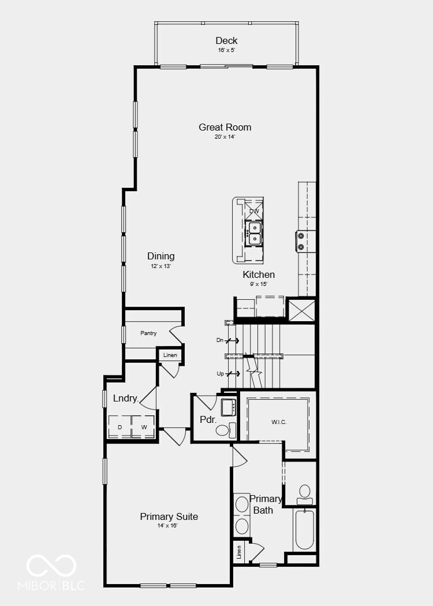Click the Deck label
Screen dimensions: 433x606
pyautogui.click(x=226, y=40)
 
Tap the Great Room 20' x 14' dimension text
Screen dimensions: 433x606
pyautogui.click(x=225, y=137)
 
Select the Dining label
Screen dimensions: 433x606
pyautogui.click(x=160, y=256)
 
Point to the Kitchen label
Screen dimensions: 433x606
pyautogui.click(x=259, y=275)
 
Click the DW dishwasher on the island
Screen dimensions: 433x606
pyautogui.click(x=254, y=211)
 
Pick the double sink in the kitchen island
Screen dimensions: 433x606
pyautogui.click(x=254, y=233)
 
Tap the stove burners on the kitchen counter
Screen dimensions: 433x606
pyautogui.click(x=301, y=241)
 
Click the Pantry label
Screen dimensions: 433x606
pyautogui.click(x=148, y=333)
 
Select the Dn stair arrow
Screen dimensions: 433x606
pyautogui.click(x=232, y=340)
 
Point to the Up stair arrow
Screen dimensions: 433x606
pyautogui.click(x=233, y=374)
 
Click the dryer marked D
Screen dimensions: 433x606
pyautogui.click(x=120, y=427)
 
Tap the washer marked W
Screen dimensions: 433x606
pyautogui.click(x=144, y=427)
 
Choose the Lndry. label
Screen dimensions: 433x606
pyautogui.click(x=126, y=399)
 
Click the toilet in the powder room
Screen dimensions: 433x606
pyautogui.click(x=226, y=430)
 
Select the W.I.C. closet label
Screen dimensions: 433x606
pyautogui.click(x=279, y=422)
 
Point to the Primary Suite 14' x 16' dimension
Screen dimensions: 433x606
pyautogui.click(x=167, y=526)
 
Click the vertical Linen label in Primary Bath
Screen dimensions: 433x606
pyautogui.click(x=238, y=552)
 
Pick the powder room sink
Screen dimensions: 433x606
pyautogui.click(x=228, y=407)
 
